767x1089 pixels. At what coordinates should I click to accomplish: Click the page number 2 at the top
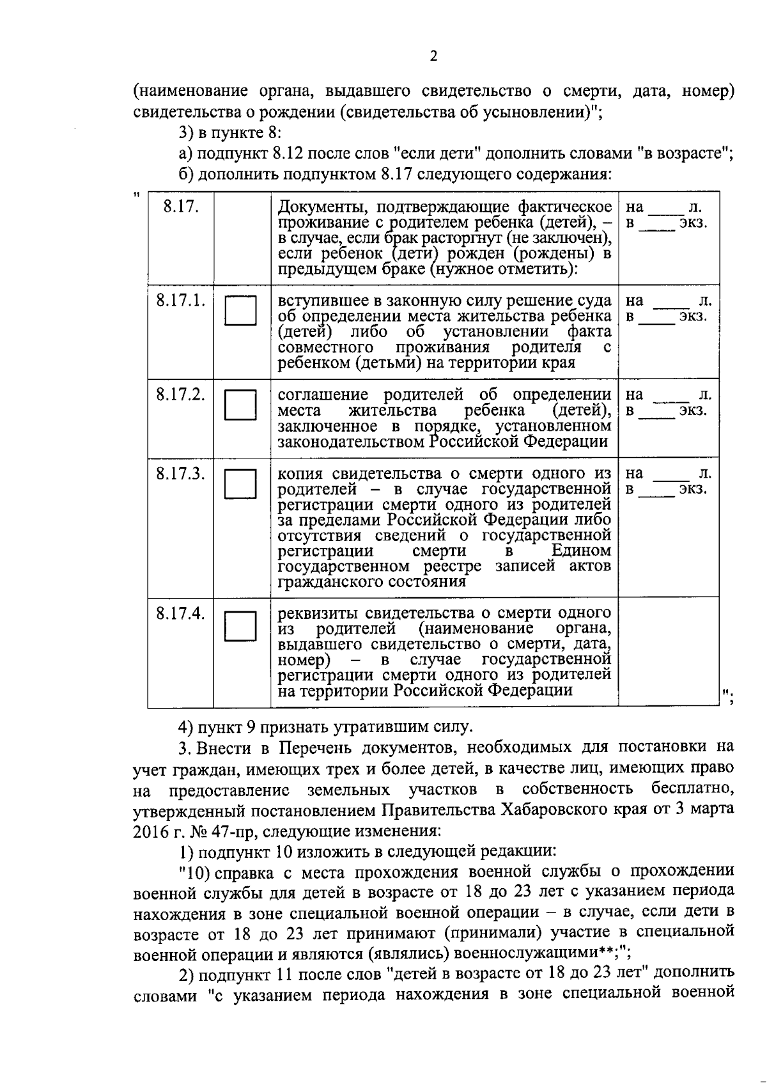click(433, 57)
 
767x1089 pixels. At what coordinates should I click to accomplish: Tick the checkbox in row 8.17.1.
click(240, 311)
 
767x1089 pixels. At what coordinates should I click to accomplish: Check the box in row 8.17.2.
click(240, 405)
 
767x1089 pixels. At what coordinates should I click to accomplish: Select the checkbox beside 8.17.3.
click(240, 483)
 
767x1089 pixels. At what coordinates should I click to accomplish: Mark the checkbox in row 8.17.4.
click(240, 625)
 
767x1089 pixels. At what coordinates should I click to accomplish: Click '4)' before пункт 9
click(185, 727)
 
